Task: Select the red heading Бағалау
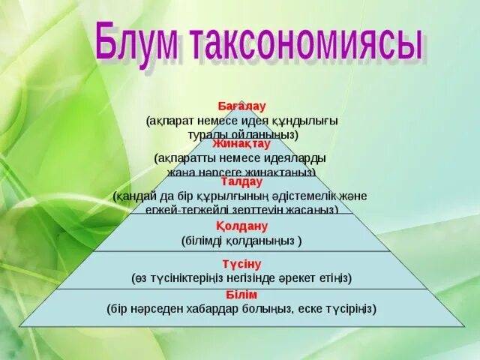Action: [x=241, y=107]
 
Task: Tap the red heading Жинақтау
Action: [x=241, y=143]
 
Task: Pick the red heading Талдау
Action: [x=241, y=181]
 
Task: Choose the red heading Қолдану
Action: [x=241, y=226]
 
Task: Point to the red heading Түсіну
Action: [x=241, y=263]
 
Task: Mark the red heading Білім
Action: [x=241, y=295]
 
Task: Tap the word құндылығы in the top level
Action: [x=307, y=120]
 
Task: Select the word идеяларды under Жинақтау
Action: [x=299, y=158]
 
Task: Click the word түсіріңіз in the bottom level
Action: [x=346, y=308]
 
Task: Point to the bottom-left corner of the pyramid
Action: [x=20, y=326]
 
